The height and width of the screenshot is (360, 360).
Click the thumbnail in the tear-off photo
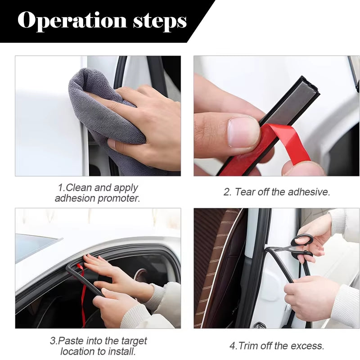pyautogui.click(x=243, y=132)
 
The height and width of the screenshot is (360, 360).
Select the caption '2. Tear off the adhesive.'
pyautogui.click(x=277, y=192)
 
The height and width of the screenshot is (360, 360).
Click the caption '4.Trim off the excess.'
pyautogui.click(x=277, y=346)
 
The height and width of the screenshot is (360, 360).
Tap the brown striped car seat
pyautogui.click(x=216, y=270)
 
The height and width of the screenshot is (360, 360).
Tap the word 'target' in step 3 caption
pyautogui.click(x=134, y=341)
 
